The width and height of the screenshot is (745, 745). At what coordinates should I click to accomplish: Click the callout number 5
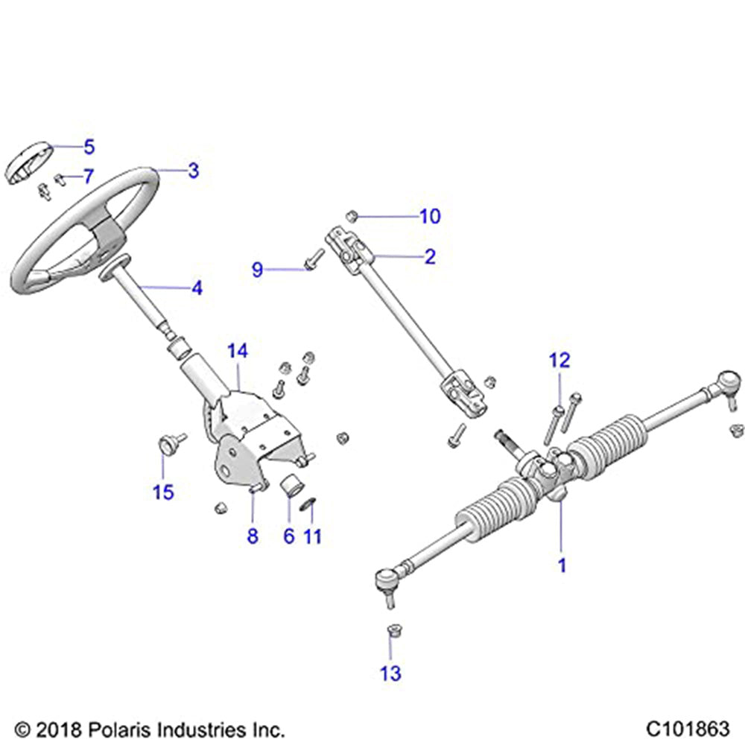[x=89, y=146]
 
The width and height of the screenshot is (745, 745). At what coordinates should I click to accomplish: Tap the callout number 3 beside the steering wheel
[x=193, y=171]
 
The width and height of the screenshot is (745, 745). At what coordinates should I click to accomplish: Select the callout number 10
[x=430, y=217]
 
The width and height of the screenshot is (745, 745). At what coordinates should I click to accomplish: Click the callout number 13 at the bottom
[x=390, y=673]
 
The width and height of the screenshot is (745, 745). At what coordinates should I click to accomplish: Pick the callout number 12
[x=559, y=361]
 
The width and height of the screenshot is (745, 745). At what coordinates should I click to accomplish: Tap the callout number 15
[x=163, y=492]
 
